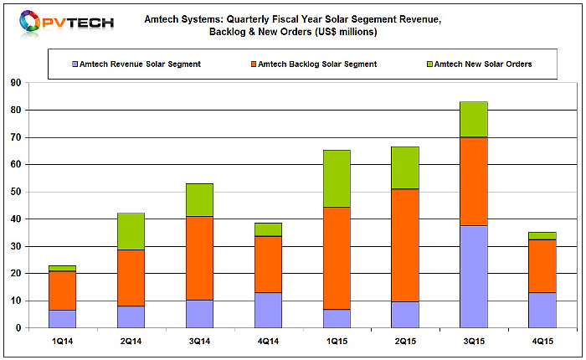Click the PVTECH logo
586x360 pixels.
coord(66,23)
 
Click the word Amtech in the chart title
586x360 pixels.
coord(161,19)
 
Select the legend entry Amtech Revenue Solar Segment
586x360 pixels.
coord(136,64)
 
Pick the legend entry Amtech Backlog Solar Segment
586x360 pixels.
coord(314,64)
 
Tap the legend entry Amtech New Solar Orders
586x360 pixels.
coord(480,64)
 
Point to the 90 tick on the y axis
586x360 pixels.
coord(16,83)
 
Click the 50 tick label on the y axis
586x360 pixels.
coord(16,192)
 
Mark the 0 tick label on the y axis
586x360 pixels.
coord(18,328)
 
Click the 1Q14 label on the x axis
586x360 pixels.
coord(63,342)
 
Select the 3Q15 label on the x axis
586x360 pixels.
coord(474,342)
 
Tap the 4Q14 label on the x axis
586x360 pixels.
coord(268,342)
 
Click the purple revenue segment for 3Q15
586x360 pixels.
coord(474,276)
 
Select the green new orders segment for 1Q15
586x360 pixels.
coord(337,178)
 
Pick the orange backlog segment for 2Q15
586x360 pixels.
coord(405,245)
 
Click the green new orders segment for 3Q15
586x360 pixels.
coord(474,120)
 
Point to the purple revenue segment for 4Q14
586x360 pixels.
coord(268,311)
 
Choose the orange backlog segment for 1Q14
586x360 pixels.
coord(63,291)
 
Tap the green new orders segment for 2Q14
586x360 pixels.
coord(131,231)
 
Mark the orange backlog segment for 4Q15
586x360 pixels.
coord(542,265)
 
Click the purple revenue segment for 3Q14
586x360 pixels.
coord(199,314)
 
